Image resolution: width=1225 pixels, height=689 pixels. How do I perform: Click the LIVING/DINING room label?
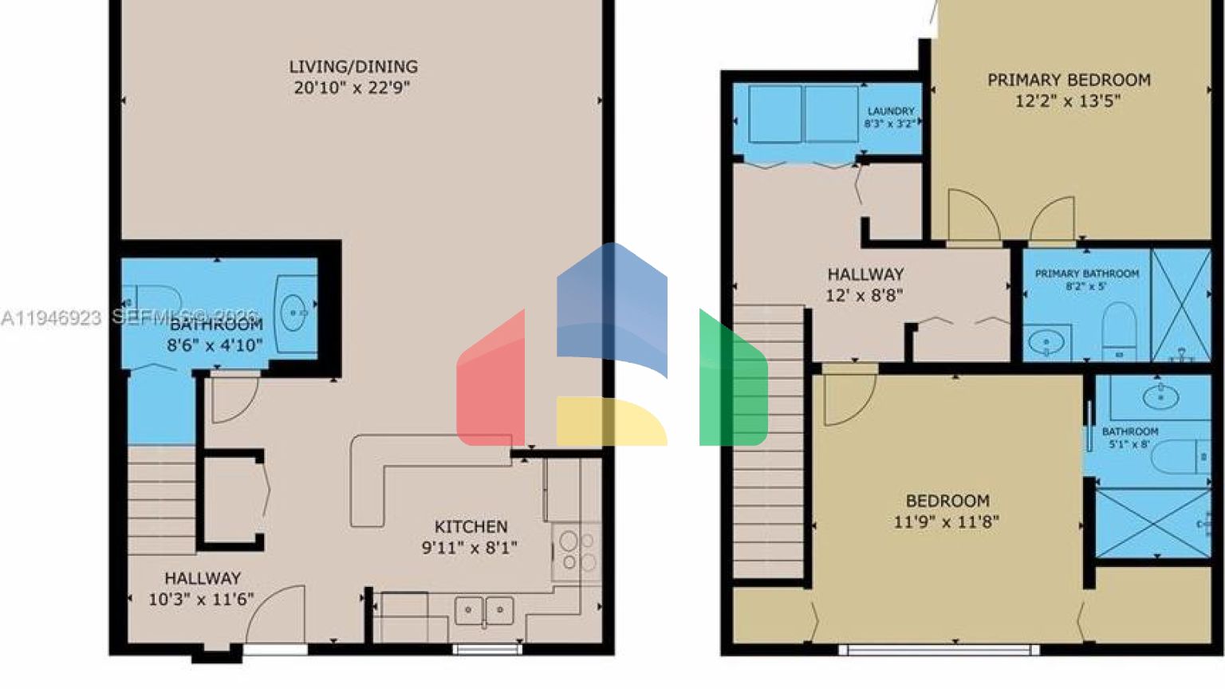(353, 67)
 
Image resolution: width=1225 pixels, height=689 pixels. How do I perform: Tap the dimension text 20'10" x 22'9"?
(352, 88)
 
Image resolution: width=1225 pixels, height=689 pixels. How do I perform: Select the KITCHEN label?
(471, 527)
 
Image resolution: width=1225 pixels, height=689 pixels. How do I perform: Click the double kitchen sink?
(484, 611)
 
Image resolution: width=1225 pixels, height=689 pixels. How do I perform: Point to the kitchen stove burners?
(576, 549)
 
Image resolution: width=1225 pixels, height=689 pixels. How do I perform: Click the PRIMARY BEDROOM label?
(1069, 81)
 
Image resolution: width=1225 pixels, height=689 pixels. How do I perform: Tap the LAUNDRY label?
(891, 112)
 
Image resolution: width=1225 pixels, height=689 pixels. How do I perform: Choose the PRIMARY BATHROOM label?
(1086, 274)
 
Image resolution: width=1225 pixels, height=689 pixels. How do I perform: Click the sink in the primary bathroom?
(1046, 344)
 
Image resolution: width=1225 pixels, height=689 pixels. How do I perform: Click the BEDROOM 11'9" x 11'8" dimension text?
(947, 522)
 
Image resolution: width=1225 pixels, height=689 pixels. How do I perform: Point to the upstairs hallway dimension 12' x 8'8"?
(865, 296)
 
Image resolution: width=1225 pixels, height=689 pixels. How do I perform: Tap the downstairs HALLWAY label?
(203, 579)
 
